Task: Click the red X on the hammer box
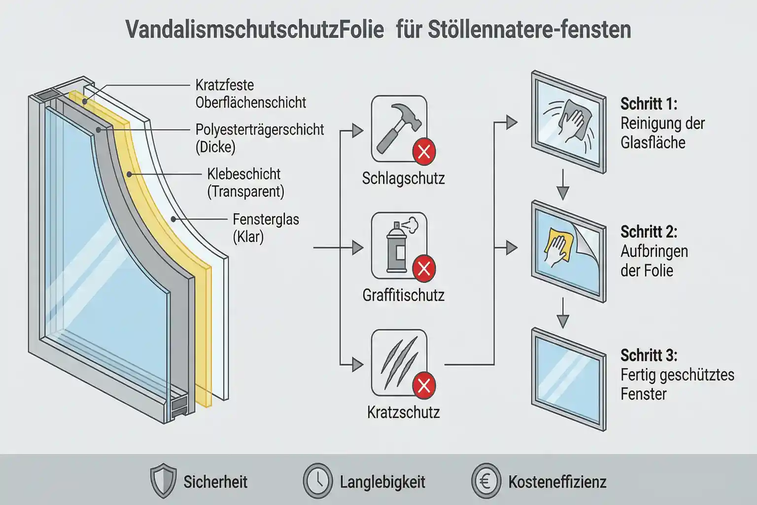click(x=424, y=152)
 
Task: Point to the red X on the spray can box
click(x=424, y=269)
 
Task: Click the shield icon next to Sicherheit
click(x=163, y=481)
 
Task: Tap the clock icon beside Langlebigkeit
click(x=317, y=481)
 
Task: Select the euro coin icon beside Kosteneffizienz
click(x=485, y=481)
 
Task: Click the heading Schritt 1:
click(x=649, y=104)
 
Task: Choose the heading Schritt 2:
click(x=649, y=231)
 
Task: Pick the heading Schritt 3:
click(x=649, y=355)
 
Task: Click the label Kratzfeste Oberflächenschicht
click(x=250, y=94)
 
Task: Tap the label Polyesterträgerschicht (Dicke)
click(x=259, y=138)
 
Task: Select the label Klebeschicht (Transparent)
click(x=245, y=182)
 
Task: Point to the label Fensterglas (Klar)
click(x=266, y=227)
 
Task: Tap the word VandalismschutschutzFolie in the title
click(x=254, y=30)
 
